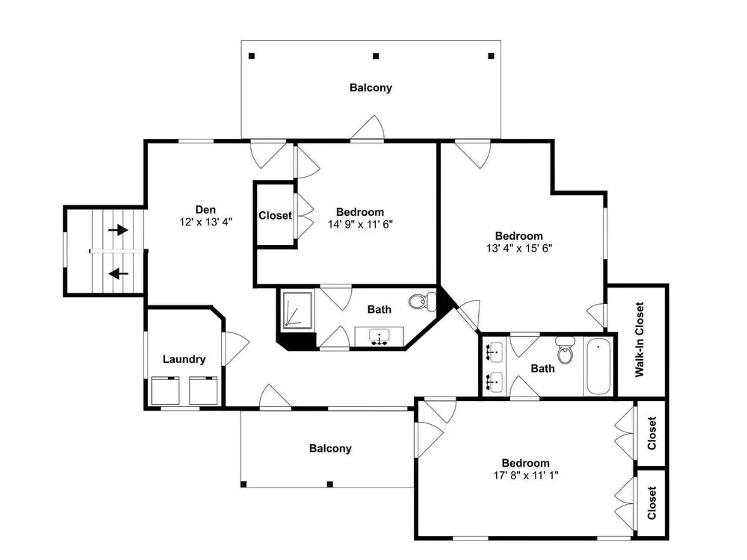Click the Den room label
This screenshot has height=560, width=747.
206,210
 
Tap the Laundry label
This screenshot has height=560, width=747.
184,359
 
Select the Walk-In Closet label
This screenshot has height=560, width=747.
639,340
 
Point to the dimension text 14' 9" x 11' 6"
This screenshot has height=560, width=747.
360,224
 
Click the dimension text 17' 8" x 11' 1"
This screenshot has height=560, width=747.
526,475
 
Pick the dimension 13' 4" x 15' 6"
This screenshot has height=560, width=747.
519,248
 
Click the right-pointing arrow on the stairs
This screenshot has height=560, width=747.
118,231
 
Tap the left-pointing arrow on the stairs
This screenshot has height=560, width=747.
118,274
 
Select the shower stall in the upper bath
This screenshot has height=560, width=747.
298,310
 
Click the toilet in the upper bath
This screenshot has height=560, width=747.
423,302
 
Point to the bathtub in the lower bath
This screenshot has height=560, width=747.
598,366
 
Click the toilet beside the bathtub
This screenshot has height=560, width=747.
565,350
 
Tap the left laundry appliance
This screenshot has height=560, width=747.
165,391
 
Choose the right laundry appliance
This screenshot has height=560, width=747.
203,391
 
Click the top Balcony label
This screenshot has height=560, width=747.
371,87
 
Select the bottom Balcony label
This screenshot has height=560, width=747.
330,449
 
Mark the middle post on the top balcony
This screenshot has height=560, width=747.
376,56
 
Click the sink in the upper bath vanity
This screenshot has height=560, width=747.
379,337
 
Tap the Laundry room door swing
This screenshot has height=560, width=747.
236,349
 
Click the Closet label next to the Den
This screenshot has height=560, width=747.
275,216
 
